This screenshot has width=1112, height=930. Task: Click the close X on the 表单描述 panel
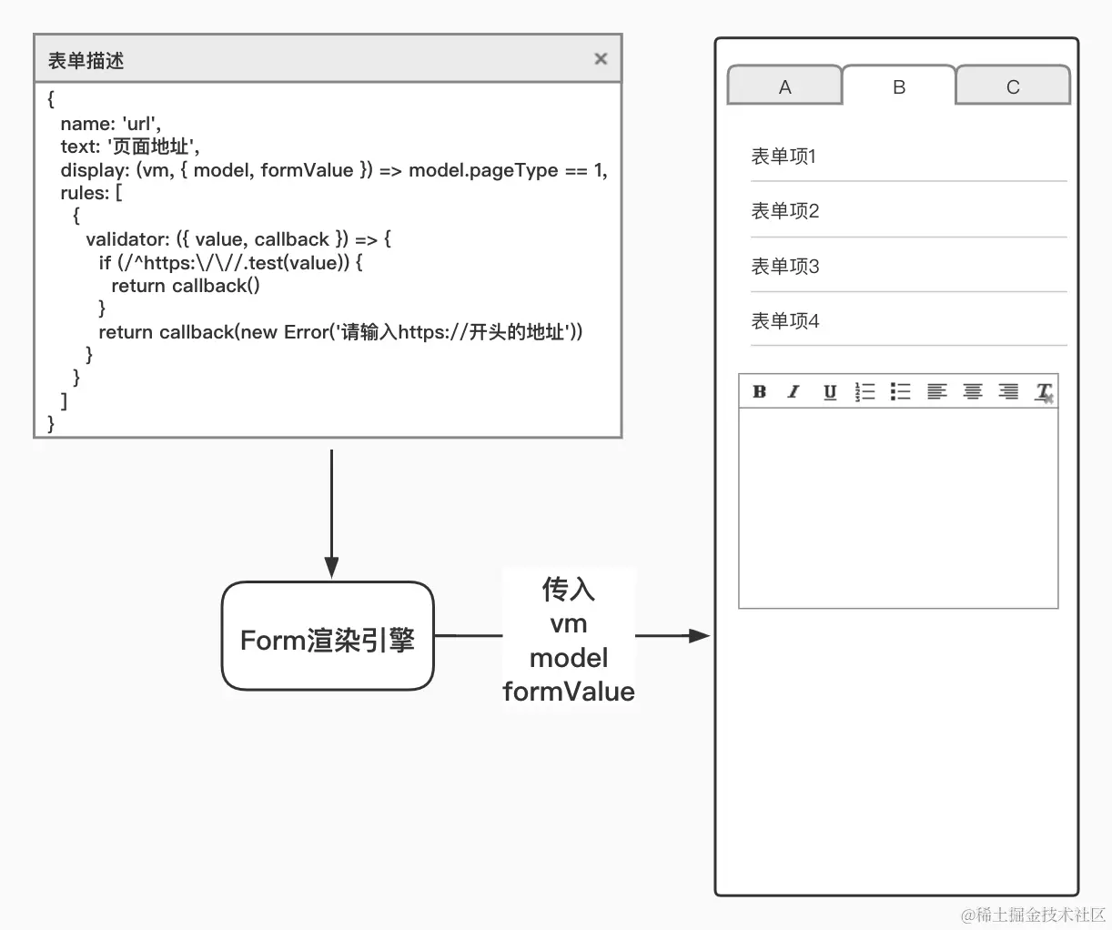click(x=601, y=59)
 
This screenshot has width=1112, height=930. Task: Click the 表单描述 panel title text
click(x=86, y=61)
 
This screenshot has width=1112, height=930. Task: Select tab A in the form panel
click(x=784, y=87)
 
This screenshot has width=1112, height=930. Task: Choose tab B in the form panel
click(x=899, y=87)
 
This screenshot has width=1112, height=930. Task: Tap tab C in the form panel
click(x=1013, y=87)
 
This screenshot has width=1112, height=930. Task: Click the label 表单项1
click(x=783, y=157)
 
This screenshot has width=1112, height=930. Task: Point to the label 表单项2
click(x=785, y=211)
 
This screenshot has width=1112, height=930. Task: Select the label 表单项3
click(x=785, y=267)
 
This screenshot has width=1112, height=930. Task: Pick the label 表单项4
click(x=785, y=321)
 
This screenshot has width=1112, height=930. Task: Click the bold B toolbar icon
click(x=759, y=391)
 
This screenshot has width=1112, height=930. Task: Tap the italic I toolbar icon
click(x=794, y=391)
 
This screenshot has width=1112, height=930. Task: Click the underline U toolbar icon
click(x=830, y=392)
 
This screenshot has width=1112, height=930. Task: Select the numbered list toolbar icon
click(x=864, y=391)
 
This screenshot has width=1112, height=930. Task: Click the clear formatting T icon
click(x=1044, y=392)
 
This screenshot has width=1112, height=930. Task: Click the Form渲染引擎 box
click(x=328, y=636)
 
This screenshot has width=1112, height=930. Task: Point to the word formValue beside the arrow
click(x=569, y=692)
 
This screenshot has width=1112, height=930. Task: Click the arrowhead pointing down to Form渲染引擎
click(x=331, y=567)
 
